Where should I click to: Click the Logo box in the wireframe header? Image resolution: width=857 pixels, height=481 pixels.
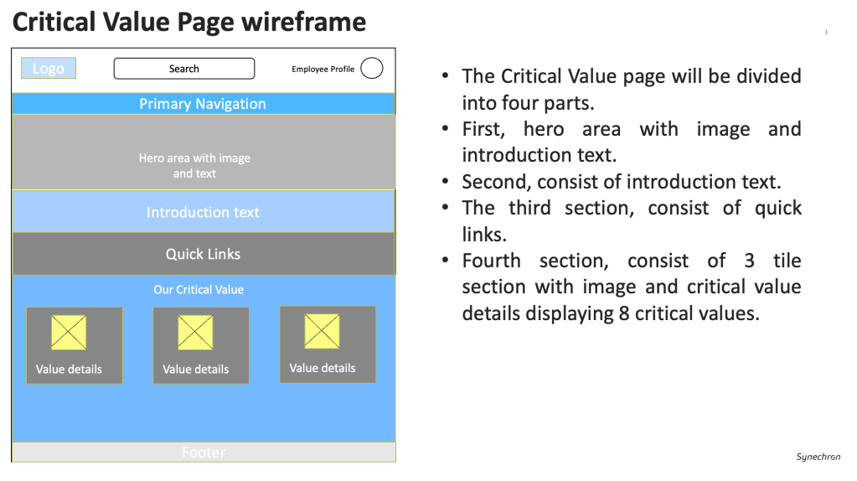(x=49, y=69)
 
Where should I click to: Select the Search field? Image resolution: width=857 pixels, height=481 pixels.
(x=184, y=69)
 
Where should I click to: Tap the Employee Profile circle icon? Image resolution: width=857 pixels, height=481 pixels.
(x=372, y=69)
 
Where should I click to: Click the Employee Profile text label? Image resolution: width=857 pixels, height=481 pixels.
(x=323, y=70)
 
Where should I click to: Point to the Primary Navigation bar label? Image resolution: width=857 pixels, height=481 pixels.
(x=203, y=104)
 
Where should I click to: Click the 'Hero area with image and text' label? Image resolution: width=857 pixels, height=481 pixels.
(x=194, y=166)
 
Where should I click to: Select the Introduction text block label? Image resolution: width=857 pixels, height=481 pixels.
(x=203, y=212)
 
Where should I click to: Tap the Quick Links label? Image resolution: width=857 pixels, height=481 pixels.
(x=203, y=254)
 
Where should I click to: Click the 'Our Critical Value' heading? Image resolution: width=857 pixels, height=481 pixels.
(x=199, y=290)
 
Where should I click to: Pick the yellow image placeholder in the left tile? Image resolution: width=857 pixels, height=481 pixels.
(x=69, y=332)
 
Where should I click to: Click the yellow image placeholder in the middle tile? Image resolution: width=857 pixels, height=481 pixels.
(x=196, y=332)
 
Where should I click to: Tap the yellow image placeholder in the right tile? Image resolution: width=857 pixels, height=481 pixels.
(x=323, y=331)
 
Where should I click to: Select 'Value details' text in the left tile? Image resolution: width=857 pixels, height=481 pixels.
(x=69, y=370)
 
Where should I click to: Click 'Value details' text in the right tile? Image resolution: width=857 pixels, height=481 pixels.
(x=323, y=369)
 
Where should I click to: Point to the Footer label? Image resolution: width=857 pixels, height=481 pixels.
(x=204, y=453)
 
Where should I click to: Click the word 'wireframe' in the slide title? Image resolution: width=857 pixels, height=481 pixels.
(x=304, y=23)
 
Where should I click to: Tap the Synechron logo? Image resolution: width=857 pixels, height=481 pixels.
(x=818, y=457)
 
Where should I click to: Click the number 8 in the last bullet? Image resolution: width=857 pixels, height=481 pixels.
(x=624, y=313)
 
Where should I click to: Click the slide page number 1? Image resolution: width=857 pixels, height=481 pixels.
(x=826, y=32)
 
